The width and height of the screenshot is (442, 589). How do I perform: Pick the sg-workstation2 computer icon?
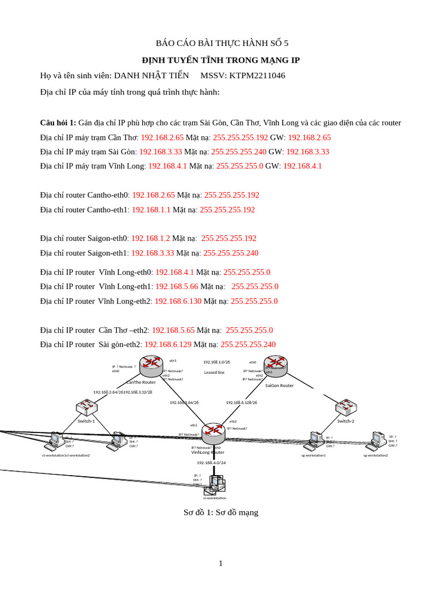click(x=378, y=440)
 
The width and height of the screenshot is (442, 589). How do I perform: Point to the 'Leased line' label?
click(x=214, y=372)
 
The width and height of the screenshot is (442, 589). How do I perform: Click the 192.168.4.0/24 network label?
click(x=211, y=462)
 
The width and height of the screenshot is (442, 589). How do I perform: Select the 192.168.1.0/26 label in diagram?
click(x=216, y=362)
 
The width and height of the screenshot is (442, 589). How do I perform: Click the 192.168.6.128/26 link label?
click(x=241, y=403)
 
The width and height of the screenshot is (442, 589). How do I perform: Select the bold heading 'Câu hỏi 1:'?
click(x=58, y=123)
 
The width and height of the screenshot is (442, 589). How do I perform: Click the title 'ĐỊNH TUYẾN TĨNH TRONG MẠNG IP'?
click(x=221, y=60)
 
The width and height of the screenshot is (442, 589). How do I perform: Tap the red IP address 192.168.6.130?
click(x=178, y=301)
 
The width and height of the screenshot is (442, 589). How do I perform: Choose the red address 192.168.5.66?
click(x=177, y=286)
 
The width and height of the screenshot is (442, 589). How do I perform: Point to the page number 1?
click(x=220, y=563)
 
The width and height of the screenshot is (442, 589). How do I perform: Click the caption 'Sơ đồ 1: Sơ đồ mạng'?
click(x=221, y=512)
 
